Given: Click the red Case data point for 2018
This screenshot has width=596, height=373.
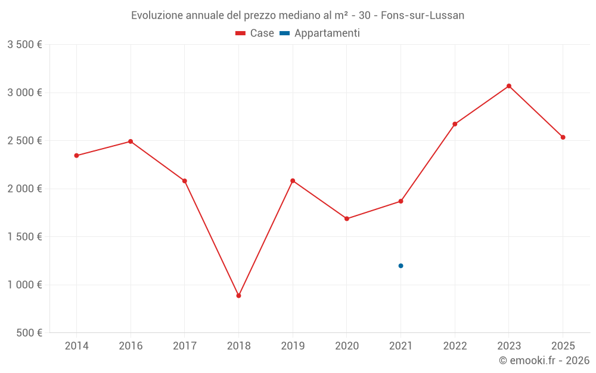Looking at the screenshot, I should tap(238, 295).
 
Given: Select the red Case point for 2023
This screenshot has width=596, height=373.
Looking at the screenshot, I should tap(509, 86).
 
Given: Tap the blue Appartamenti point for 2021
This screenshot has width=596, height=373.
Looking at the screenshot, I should tap(401, 266).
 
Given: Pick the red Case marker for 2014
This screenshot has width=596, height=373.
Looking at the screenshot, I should tap(76, 156).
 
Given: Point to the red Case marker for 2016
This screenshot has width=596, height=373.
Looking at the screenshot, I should tap(131, 141).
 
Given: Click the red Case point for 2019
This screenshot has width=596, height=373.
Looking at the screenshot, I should tap(293, 181).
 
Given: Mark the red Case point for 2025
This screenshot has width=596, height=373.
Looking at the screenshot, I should tap(563, 137).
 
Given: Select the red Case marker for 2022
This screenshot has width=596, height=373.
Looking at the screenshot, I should tap(455, 124).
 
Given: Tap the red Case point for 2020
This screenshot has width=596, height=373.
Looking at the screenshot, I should tap(347, 218).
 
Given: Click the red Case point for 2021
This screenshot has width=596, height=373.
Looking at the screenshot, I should tap(401, 201).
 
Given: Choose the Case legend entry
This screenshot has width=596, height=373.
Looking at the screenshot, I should tap(255, 33).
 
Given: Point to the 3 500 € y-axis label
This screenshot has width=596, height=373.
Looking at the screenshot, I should tap(24, 45).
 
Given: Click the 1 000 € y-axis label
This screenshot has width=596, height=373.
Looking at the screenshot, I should tap(24, 285).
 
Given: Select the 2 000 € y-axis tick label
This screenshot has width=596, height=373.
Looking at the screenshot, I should tap(24, 189).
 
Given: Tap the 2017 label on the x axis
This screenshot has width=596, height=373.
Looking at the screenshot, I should tap(185, 346).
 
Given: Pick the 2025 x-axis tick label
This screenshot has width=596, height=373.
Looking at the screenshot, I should tap(563, 346).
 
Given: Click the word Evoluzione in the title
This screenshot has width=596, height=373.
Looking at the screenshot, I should tap(157, 16).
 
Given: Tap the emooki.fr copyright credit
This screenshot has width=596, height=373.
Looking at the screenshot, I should tap(544, 360).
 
